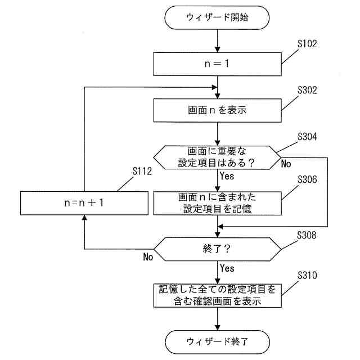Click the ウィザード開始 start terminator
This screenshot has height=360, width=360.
coord(217,17)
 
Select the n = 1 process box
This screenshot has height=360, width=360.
coord(217,64)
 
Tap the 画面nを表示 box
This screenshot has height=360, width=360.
coord(217,110)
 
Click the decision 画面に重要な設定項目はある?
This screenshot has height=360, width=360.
coord(217,157)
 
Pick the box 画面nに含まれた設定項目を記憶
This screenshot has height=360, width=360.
coord(217,203)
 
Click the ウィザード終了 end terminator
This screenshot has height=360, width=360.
coord(217,341)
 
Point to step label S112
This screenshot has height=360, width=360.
coord(142,171)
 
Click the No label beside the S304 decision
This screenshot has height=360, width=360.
coord(286,164)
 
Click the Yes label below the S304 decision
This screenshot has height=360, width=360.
coord(227,176)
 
